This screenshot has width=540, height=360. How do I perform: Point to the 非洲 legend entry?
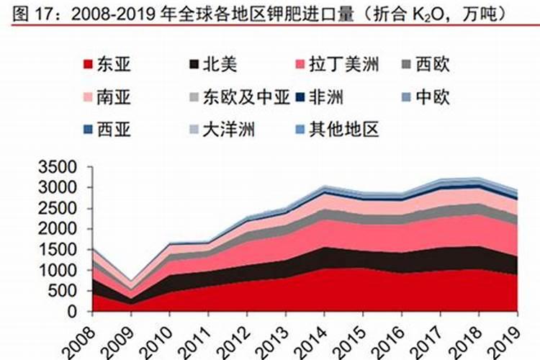(x=325, y=97)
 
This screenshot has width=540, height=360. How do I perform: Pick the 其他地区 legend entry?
(x=343, y=130)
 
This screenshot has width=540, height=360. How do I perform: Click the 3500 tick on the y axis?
(x=58, y=167)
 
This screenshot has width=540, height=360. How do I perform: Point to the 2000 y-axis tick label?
(x=58, y=229)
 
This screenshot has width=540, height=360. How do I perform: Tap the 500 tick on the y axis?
(x=63, y=291)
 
